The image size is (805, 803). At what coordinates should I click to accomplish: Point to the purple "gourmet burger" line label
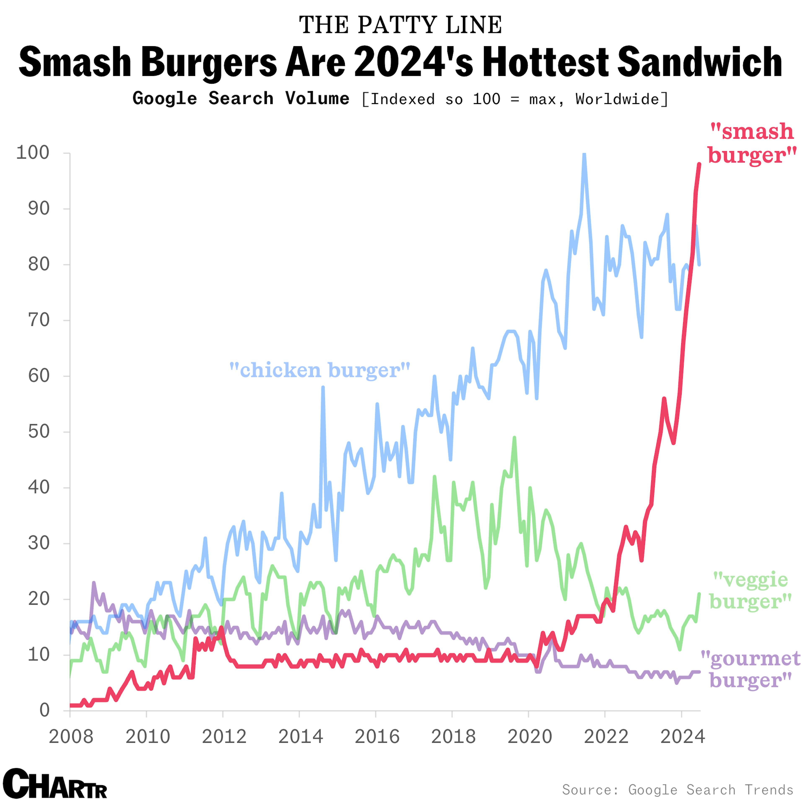click(x=750, y=669)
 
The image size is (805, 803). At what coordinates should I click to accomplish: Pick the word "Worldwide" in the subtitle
click(x=617, y=99)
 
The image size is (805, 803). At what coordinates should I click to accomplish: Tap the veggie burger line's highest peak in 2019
click(x=514, y=438)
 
